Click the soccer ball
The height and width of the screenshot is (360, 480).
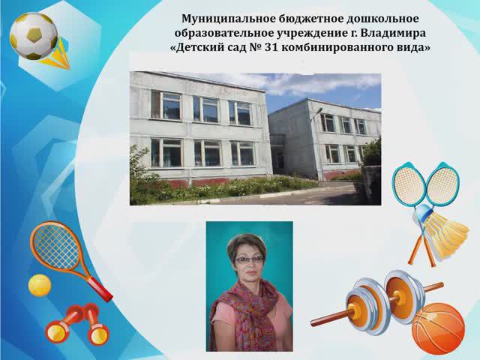(33, 35)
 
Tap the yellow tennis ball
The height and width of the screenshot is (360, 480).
(39, 285)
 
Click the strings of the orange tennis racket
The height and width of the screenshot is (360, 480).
(53, 246)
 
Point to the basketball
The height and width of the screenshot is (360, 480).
(439, 328)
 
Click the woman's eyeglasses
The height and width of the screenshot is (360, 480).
(249, 259)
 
